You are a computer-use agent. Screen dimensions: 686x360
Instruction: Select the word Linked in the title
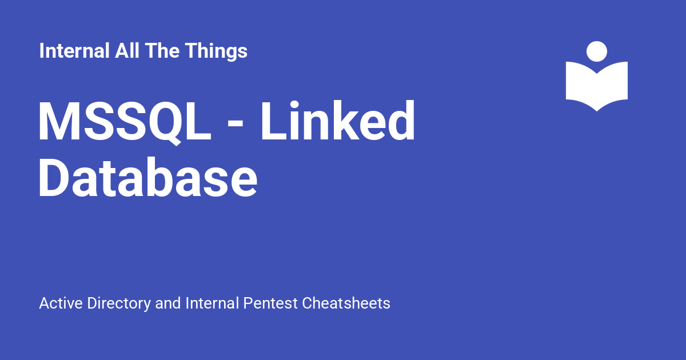click(x=338, y=120)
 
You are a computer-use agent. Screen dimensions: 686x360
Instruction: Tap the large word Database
click(x=147, y=177)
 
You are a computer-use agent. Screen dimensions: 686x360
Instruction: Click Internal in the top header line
click(x=74, y=50)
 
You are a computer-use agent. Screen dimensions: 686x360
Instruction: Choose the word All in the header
click(x=127, y=50)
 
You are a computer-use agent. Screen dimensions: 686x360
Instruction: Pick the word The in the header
click(x=162, y=50)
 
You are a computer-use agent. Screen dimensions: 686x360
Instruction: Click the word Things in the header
click(x=216, y=52)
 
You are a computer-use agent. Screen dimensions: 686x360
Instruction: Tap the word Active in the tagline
click(x=61, y=303)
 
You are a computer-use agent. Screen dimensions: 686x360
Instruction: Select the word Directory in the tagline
click(x=119, y=304)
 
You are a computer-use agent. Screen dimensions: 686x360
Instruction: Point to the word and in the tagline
click(x=168, y=303)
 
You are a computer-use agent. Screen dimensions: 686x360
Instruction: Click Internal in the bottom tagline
click(x=212, y=303)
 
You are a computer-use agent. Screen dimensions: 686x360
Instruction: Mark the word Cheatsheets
click(x=346, y=303)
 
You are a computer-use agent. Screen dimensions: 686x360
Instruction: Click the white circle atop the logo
click(x=597, y=51)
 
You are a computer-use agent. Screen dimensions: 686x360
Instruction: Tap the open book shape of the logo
click(x=597, y=87)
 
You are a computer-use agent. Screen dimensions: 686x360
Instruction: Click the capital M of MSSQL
click(x=57, y=121)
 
